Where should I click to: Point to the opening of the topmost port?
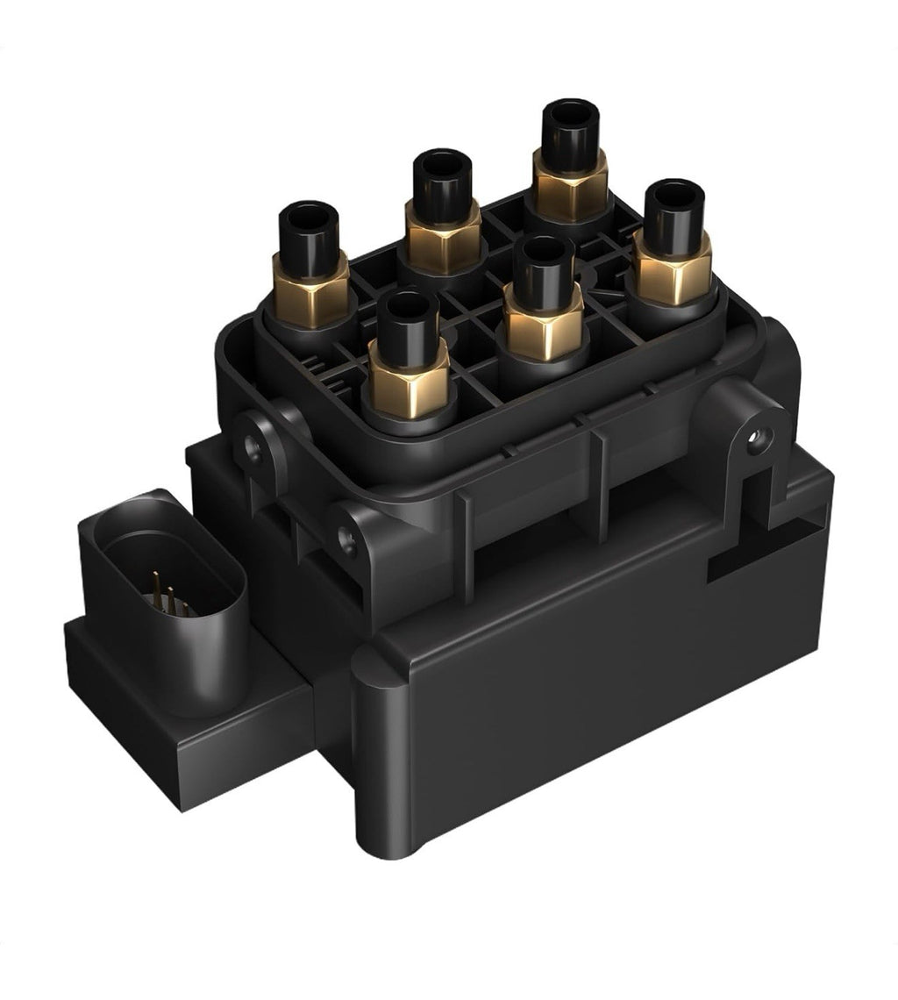(x=570, y=113)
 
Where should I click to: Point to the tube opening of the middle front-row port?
(x=544, y=248)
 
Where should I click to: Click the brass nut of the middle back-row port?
(x=443, y=238)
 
